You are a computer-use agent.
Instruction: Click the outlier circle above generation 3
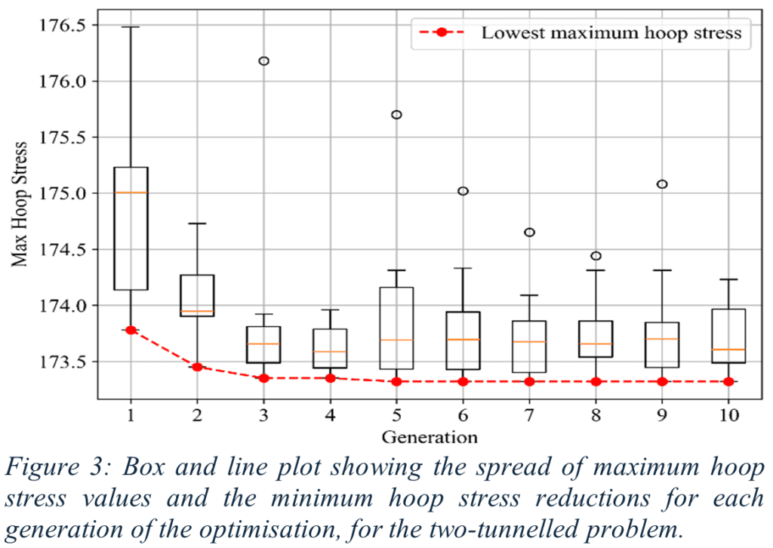point(264,61)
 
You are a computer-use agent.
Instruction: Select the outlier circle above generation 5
point(396,115)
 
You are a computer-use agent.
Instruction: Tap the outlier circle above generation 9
point(662,184)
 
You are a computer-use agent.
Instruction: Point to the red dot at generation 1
point(131,330)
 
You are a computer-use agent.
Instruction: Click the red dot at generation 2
point(198,367)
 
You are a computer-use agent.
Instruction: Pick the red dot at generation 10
point(728,381)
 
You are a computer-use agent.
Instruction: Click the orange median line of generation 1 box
point(131,192)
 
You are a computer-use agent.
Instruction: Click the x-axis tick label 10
point(728,414)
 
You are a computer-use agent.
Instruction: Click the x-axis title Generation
point(430,437)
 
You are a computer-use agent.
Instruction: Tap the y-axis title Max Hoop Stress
point(21,204)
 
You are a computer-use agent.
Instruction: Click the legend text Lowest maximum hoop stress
point(611,33)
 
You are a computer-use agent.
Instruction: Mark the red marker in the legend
point(442,33)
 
